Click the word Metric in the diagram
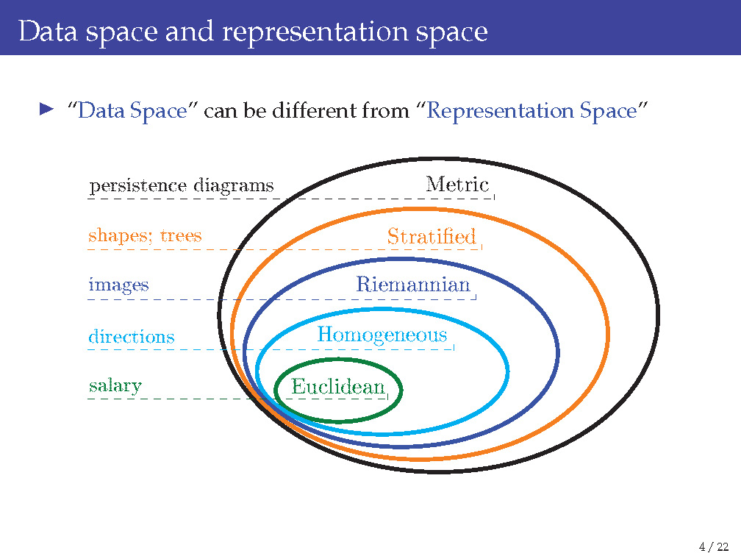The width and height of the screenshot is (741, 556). pyautogui.click(x=457, y=184)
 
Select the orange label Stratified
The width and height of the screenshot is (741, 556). pyautogui.click(x=432, y=236)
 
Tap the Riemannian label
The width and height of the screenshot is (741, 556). pyautogui.click(x=412, y=284)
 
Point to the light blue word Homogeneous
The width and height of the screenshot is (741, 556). pyautogui.click(x=382, y=335)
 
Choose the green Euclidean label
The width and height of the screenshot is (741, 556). pyautogui.click(x=338, y=386)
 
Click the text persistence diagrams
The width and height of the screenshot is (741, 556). pyautogui.click(x=181, y=185)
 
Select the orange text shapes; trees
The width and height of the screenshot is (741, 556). pyautogui.click(x=144, y=235)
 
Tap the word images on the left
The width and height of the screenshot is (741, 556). pyautogui.click(x=118, y=285)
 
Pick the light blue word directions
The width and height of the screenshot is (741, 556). pyautogui.click(x=132, y=337)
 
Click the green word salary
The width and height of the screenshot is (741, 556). pyautogui.click(x=115, y=385)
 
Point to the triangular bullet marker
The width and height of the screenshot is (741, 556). pyautogui.click(x=47, y=110)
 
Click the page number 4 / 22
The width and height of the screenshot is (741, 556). pyautogui.click(x=714, y=546)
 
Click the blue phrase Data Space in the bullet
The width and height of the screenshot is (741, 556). pyautogui.click(x=132, y=111)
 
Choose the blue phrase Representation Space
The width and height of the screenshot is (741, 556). pyautogui.click(x=530, y=111)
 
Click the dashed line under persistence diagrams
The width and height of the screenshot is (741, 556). pyautogui.click(x=184, y=199)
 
